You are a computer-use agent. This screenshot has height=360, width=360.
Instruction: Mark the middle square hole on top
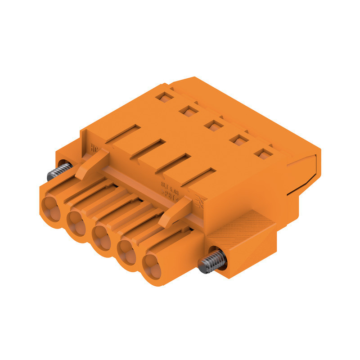[x=213, y=125]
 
